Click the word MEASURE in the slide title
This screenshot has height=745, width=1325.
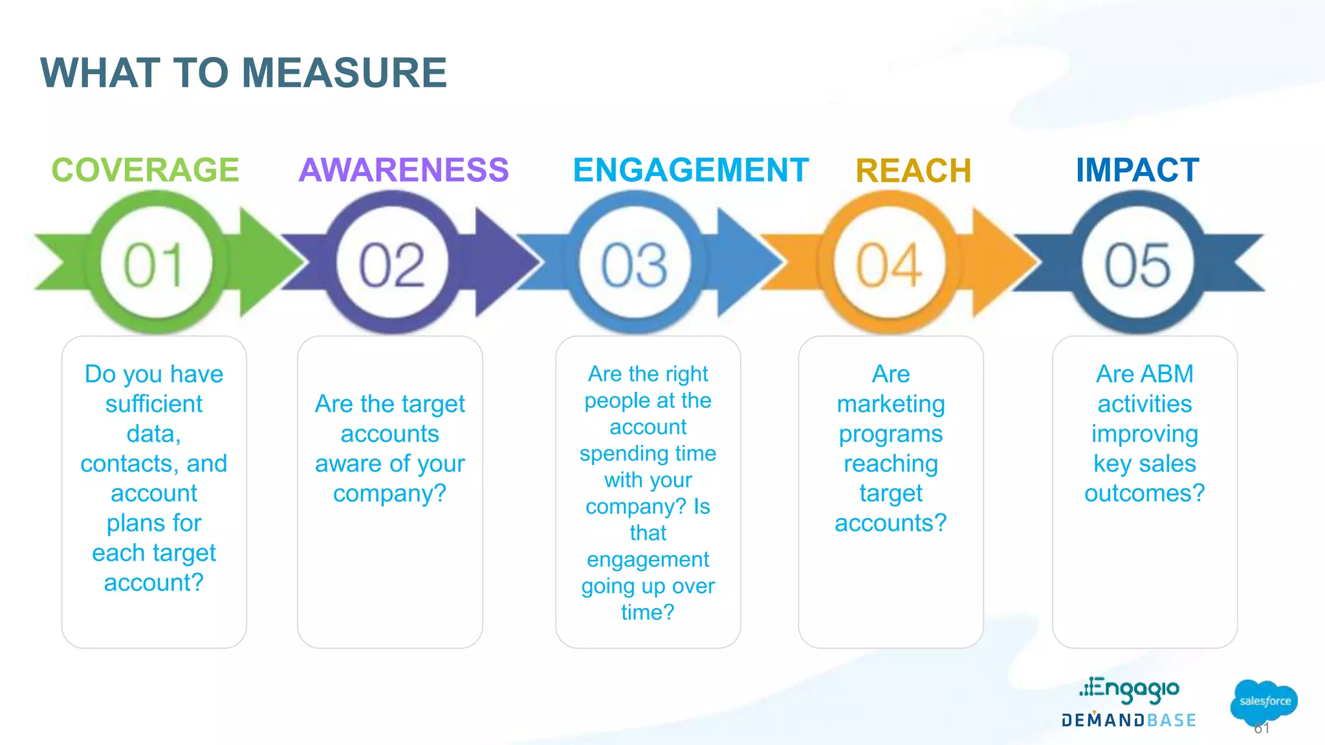tap(344, 72)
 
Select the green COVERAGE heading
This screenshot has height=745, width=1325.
tap(145, 170)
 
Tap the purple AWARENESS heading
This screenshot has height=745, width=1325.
tap(404, 170)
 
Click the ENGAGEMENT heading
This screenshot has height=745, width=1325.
tap(690, 170)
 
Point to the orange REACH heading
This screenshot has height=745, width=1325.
tap(913, 171)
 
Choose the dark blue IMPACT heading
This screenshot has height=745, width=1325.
tap(1137, 170)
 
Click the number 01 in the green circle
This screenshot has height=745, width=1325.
tap(154, 265)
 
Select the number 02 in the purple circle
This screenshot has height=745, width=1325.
tap(392, 265)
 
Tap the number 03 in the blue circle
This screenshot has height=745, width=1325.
tap(634, 265)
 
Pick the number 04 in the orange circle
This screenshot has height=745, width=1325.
tap(889, 265)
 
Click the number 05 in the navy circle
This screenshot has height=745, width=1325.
tap(1137, 265)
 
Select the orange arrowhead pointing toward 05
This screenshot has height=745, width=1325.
tap(1000, 262)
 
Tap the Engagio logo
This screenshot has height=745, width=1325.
tap(1129, 689)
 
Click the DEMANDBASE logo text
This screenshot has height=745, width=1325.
tap(1129, 720)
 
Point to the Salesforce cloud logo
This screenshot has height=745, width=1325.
tap(1264, 701)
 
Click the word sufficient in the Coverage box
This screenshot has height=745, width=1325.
tap(154, 404)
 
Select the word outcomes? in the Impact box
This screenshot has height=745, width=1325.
tap(1144, 493)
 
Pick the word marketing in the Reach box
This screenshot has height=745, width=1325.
tap(891, 404)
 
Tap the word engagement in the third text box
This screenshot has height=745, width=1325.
tap(648, 559)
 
